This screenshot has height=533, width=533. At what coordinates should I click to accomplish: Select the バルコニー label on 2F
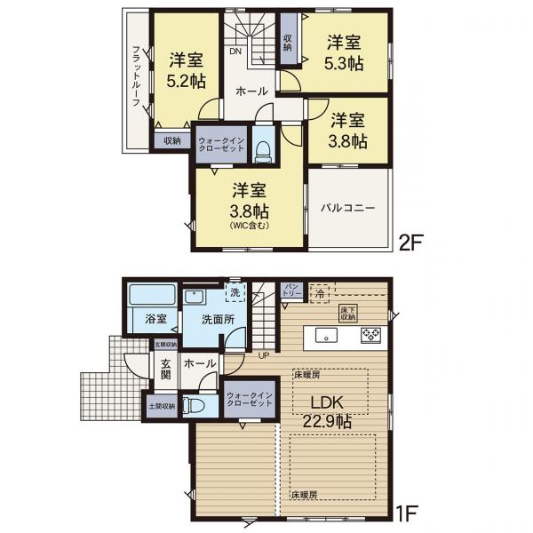coord(348,208)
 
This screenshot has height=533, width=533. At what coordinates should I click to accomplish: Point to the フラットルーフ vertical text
coord(136,76)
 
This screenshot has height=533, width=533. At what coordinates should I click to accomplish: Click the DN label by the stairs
coord(235,52)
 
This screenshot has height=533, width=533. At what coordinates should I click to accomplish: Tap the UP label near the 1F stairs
coord(263,356)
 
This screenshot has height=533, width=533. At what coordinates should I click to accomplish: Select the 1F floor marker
coord(408,513)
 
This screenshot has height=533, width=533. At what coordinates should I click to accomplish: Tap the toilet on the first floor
coord(197,405)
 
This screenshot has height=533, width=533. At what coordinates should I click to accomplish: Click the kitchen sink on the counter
coord(327,337)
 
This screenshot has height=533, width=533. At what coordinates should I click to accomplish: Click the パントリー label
coord(294,290)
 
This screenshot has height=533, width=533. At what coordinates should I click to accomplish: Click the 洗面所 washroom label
coord(217,320)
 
